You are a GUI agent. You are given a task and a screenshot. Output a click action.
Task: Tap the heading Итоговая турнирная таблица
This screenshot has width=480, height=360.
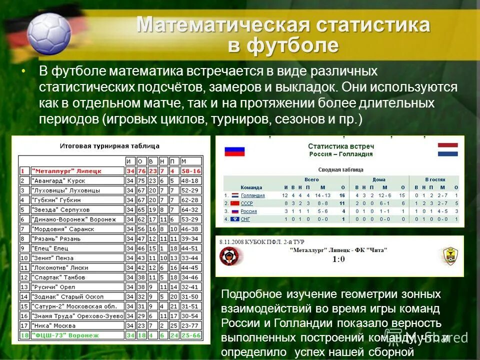pyautogui.click(x=109, y=146)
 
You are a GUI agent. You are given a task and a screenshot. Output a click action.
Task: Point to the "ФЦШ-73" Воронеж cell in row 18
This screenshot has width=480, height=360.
pyautogui.click(x=65, y=335)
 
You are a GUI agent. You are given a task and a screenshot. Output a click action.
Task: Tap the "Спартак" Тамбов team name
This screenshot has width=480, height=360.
pyautogui.click(x=58, y=277)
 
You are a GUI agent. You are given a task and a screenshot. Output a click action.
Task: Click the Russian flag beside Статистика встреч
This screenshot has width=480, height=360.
pyautogui.click(x=234, y=150)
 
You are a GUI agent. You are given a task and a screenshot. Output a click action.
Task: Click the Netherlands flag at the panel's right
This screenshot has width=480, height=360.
pyautogui.click(x=447, y=149)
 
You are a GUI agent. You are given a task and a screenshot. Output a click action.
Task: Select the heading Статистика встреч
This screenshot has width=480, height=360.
pyautogui.click(x=340, y=146)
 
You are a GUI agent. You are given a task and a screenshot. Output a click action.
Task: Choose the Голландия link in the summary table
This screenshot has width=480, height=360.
pyautogui.click(x=252, y=195)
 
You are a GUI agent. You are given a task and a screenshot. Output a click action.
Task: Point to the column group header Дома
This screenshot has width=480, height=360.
pyautogui.click(x=378, y=179)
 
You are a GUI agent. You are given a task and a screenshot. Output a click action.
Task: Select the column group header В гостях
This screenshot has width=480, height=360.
pyautogui.click(x=434, y=179)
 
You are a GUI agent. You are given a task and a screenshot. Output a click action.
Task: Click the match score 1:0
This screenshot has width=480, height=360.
pyautogui.click(x=338, y=259)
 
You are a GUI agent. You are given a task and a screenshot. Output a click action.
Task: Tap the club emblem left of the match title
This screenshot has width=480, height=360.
pyautogui.click(x=229, y=256)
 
